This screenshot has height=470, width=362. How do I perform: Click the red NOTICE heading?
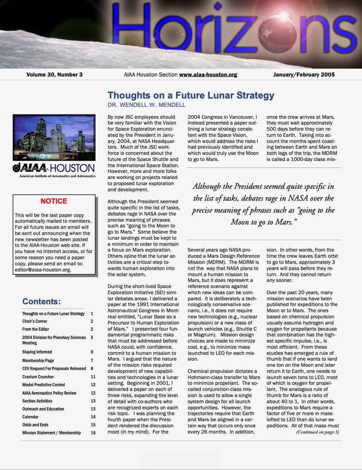coord(54,201)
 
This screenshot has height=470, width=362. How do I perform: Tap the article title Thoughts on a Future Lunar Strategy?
coord(191,95)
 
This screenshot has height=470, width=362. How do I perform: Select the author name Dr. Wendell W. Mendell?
coord(146,105)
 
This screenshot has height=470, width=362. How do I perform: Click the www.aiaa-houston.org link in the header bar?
coord(208,75)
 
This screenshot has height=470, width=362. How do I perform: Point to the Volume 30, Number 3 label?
coord(54,75)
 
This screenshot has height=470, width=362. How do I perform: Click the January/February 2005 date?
coord(304,75)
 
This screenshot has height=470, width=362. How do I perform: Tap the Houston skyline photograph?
coord(54,138)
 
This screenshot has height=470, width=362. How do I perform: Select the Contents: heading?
coord(41,301)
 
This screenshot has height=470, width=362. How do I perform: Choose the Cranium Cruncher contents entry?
coord(38,377)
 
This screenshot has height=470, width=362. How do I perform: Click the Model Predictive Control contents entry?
coord(44,384)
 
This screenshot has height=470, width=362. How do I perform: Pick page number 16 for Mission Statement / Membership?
coord(93,432)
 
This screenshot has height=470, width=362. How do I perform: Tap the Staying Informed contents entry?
coord(37,352)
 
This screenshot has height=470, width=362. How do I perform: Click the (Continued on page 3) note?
coord(317,432)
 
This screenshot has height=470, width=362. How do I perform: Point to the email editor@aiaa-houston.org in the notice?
coord(43,270)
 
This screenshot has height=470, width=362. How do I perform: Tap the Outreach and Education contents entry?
coord(43,409)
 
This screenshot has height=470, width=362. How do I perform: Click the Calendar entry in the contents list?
coord(30,417)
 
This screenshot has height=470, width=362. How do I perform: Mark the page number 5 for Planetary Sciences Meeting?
coord(92,338)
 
